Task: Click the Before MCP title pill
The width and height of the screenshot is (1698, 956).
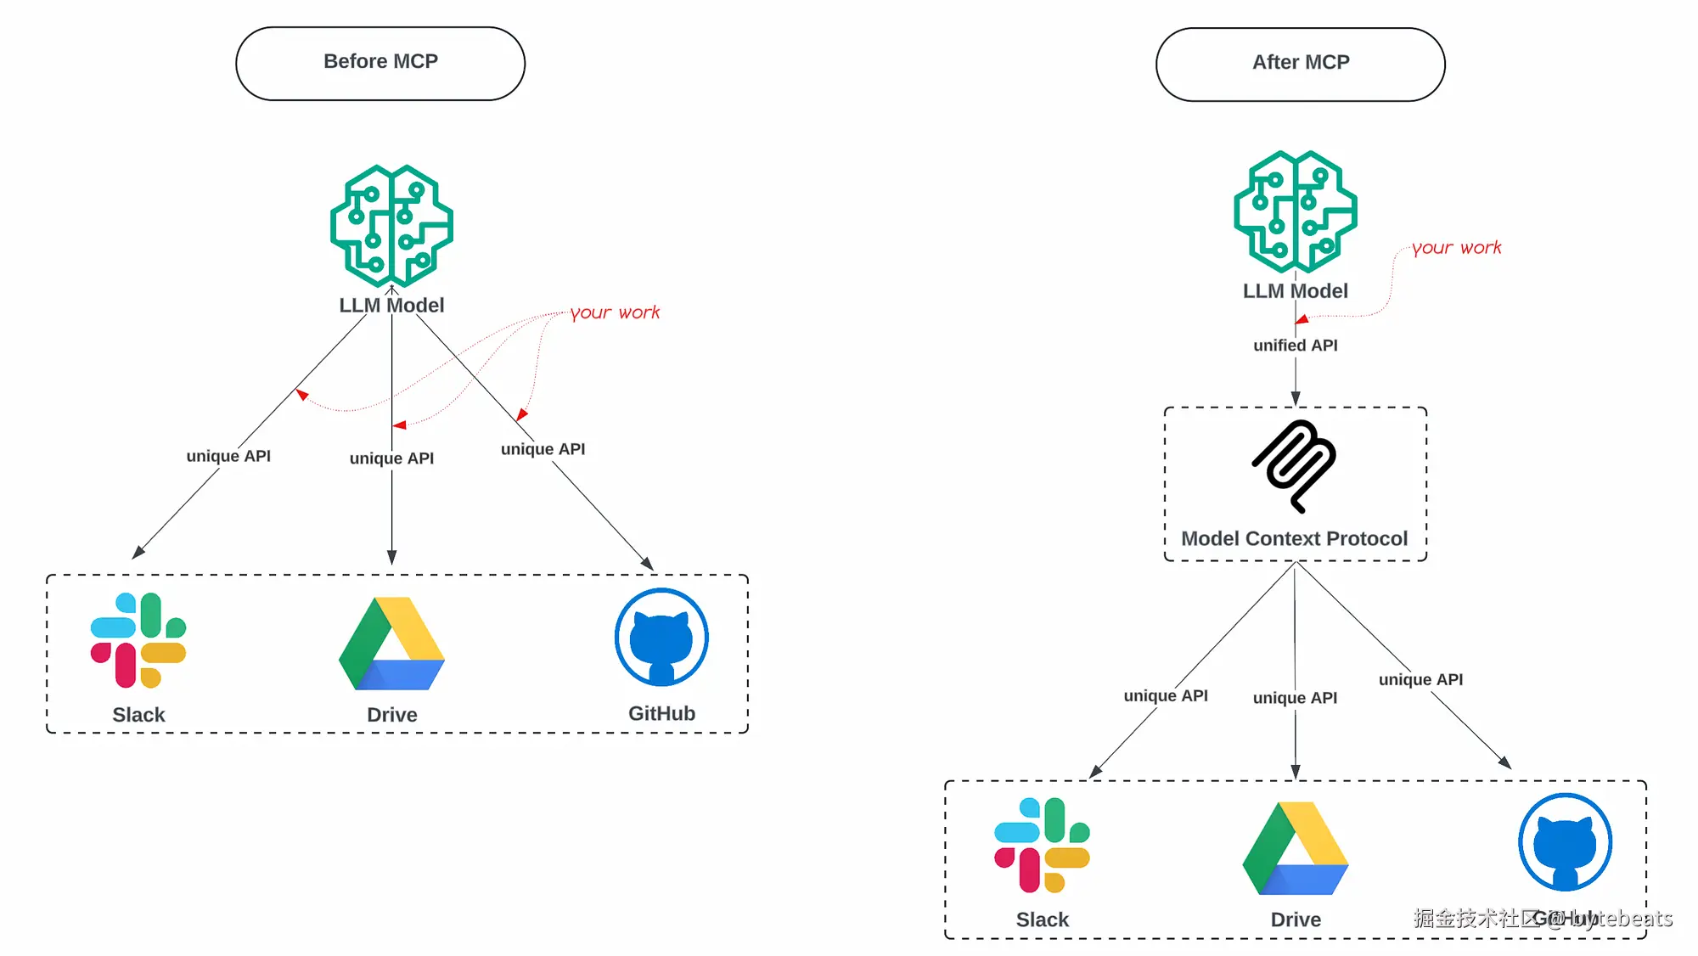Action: click(380, 63)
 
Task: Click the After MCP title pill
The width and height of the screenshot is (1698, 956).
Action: click(1300, 64)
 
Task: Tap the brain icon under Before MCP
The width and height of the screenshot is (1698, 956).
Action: click(391, 226)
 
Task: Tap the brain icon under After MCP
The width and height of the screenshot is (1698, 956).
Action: click(1295, 211)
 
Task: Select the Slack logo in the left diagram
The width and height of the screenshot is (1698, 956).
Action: click(138, 640)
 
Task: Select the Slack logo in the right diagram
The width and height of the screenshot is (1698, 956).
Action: click(1042, 845)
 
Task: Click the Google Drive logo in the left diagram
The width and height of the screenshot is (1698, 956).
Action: click(391, 644)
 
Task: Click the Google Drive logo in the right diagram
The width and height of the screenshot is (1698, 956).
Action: click(1295, 848)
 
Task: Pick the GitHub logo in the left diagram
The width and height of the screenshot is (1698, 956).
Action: click(661, 637)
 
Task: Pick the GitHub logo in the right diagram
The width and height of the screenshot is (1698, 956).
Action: click(1565, 841)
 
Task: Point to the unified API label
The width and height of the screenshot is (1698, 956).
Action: click(1295, 346)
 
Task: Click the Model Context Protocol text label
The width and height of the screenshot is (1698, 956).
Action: click(1294, 538)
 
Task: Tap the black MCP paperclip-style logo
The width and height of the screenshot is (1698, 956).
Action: click(1294, 465)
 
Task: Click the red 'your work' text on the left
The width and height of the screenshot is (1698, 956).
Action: click(615, 312)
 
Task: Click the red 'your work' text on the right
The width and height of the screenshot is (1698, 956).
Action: click(1456, 248)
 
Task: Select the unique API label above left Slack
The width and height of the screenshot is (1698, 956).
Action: click(228, 456)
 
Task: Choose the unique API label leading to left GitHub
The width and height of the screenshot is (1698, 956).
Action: click(543, 449)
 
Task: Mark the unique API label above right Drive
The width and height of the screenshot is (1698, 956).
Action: click(1295, 698)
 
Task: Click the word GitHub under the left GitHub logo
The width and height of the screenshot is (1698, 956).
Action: click(661, 713)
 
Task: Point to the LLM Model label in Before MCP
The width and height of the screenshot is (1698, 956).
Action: click(391, 305)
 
